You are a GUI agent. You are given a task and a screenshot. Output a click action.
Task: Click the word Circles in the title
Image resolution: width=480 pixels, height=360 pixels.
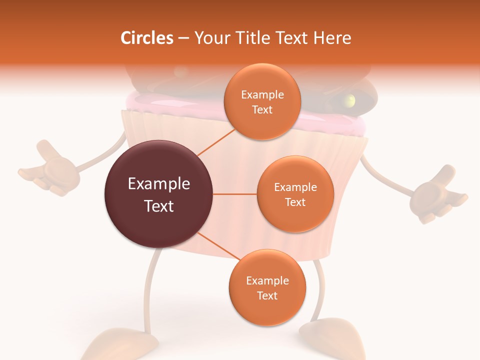point(146,37)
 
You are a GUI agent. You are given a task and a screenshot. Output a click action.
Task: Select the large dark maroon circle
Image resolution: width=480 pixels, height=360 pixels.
point(158,194)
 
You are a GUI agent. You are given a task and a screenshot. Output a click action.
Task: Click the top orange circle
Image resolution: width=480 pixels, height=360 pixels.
point(262,101)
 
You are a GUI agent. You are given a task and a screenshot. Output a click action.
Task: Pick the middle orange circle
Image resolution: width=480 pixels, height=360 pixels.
point(295,194)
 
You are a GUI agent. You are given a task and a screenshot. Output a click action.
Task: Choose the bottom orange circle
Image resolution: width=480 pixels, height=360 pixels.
point(267,287)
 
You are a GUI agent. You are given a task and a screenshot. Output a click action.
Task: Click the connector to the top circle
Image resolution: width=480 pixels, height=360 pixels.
point(216,141)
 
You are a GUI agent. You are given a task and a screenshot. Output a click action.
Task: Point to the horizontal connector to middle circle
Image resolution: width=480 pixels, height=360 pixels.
point(234,194)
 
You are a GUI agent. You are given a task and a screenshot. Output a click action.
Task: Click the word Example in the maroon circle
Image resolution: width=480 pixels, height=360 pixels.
point(158,184)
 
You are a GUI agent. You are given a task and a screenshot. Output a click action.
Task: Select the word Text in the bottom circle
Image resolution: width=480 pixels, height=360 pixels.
point(267,295)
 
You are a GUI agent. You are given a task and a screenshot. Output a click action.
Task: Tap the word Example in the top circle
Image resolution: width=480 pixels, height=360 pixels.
point(262,94)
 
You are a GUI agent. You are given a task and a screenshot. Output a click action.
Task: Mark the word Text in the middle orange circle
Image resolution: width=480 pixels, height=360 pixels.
point(295,202)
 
